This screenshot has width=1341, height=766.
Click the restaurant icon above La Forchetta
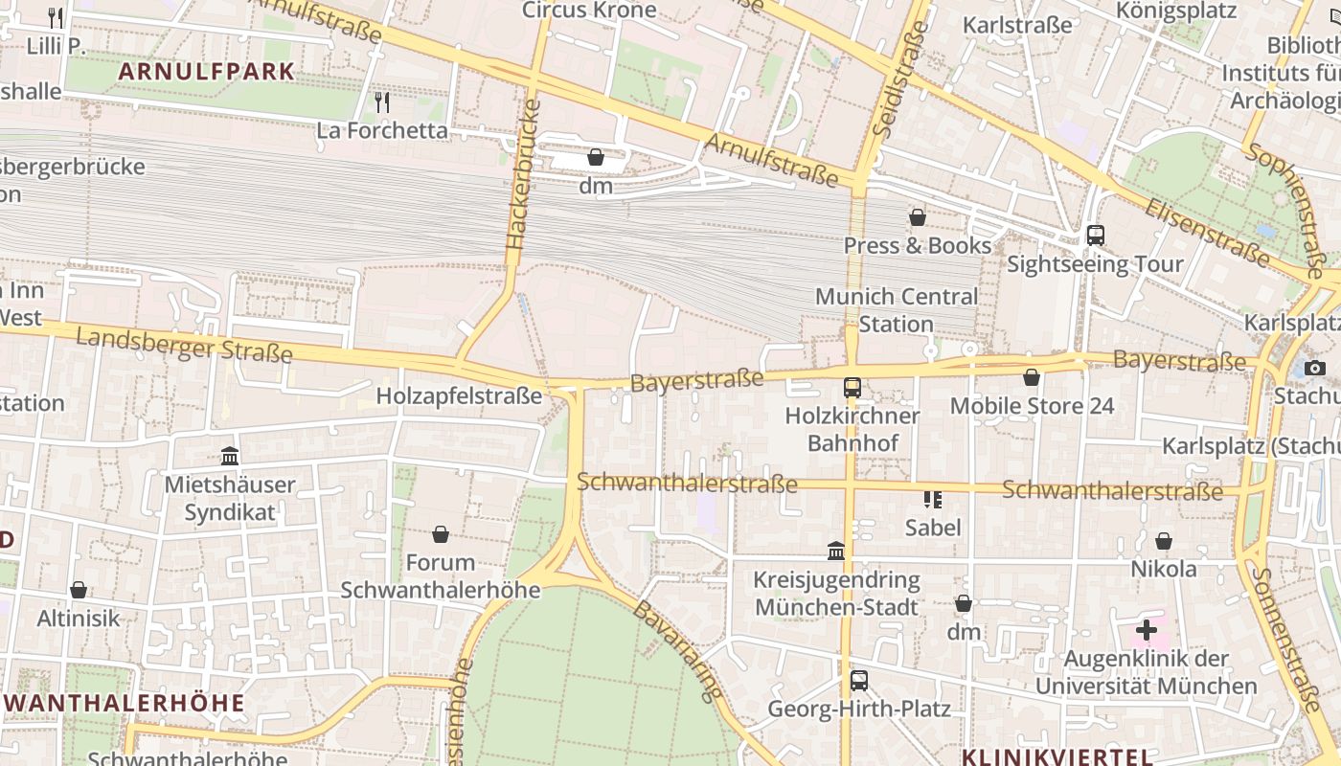382,102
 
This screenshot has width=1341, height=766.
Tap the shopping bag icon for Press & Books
918,217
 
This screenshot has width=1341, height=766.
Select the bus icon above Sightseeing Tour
1096,235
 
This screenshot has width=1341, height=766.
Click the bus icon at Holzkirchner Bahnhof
852,388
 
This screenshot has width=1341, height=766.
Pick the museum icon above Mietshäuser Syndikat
229,456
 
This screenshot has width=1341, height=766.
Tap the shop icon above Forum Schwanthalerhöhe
441,534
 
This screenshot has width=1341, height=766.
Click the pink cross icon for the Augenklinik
1146,630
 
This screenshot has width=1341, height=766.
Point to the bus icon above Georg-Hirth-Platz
859,681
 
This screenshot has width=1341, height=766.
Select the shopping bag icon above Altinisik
79,590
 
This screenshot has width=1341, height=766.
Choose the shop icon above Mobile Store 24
1032,378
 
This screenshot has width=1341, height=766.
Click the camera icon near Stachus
1314,368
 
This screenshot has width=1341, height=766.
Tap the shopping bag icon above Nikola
1164,542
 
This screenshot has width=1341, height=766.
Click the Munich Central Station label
897,310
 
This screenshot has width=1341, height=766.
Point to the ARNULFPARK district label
206,71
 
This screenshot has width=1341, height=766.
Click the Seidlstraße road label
889,77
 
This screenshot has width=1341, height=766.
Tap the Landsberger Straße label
184,344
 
